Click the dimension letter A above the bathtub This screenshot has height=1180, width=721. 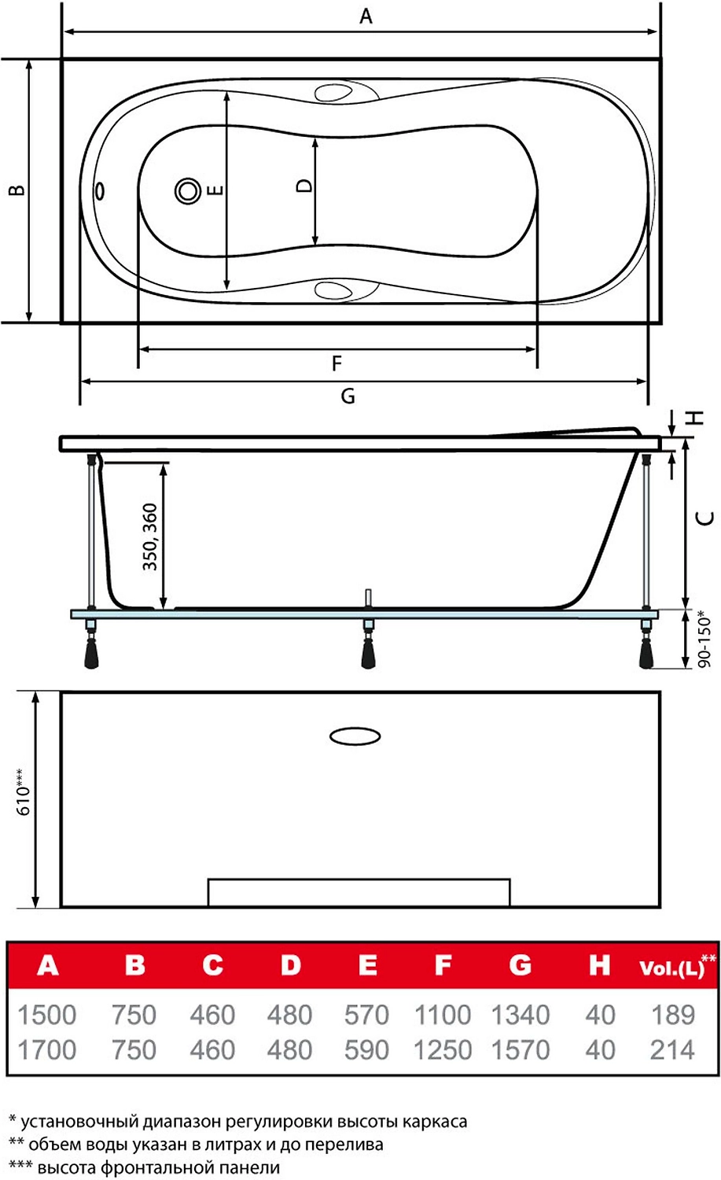pyautogui.click(x=366, y=16)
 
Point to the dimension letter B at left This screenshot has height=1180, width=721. pyautogui.click(x=17, y=190)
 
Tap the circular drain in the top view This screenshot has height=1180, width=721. pyautogui.click(x=188, y=190)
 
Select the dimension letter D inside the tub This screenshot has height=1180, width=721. pyautogui.click(x=303, y=186)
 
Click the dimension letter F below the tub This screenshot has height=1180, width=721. pyautogui.click(x=337, y=363)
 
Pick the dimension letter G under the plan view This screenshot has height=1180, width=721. pyautogui.click(x=348, y=396)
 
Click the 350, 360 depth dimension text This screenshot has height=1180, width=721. pyautogui.click(x=150, y=537)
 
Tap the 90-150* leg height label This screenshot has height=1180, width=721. pyautogui.click(x=704, y=639)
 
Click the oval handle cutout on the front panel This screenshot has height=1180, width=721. pyautogui.click(x=355, y=736)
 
